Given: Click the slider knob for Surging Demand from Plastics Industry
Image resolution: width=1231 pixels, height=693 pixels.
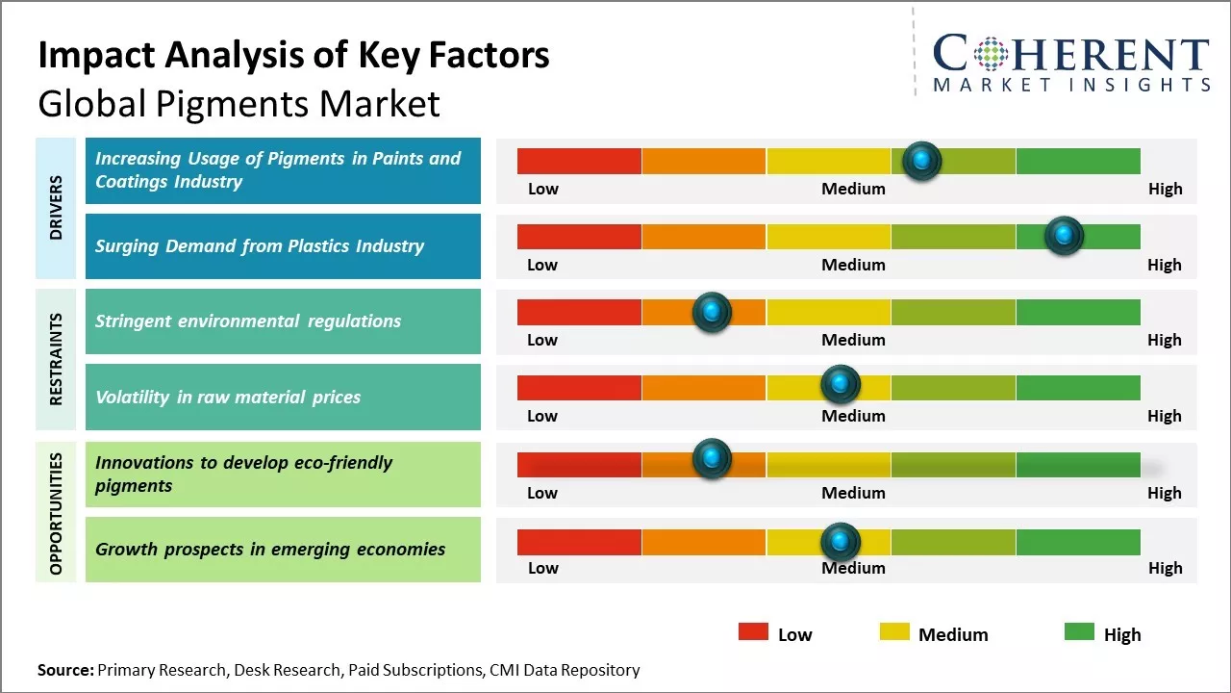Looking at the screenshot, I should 1064,236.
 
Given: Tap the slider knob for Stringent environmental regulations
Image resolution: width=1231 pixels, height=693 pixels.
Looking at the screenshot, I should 712,312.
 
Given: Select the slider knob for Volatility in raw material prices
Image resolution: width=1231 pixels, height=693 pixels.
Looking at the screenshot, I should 841,384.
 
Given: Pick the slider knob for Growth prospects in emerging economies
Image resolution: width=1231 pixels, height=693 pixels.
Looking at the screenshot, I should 841,542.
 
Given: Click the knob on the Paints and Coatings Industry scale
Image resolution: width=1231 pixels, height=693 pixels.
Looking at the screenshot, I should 922,161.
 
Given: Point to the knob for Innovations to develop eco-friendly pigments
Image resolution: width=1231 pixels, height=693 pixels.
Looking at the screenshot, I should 712,459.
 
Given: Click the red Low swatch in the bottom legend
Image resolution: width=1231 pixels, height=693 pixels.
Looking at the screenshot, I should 753,632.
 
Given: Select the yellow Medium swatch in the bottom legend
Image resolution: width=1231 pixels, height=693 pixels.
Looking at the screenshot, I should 894,632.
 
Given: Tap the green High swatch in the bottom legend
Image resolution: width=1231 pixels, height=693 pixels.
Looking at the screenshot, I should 1079,632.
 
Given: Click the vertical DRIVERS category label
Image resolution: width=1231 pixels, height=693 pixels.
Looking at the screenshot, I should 57,208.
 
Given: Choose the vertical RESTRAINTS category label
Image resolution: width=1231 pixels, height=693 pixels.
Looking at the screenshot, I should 57,359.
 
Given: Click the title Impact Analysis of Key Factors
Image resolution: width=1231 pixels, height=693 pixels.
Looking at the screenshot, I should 293,56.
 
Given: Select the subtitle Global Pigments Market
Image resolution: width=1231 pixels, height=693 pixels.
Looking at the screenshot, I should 239,103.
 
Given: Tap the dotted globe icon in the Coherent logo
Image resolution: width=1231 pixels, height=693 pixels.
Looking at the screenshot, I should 992,55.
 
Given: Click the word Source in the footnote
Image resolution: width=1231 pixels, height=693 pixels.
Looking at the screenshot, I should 64,670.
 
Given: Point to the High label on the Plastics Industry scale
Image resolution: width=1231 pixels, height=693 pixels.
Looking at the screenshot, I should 1164,265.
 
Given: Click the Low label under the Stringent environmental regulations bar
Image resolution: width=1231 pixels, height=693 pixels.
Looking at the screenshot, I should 542,340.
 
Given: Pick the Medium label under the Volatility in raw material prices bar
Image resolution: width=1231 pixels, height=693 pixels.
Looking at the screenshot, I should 853,416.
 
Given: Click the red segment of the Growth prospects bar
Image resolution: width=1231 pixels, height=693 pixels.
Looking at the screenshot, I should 579,542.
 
